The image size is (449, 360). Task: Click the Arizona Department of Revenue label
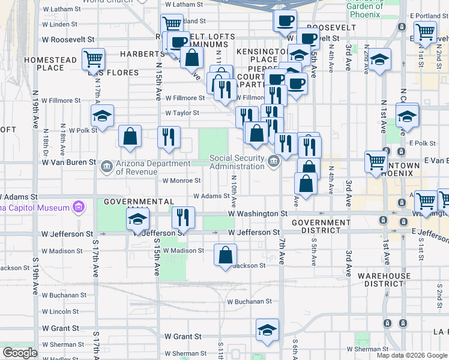pos(154,167)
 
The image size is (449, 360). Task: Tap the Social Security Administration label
pos(237,162)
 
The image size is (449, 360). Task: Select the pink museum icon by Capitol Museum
pos(77,208)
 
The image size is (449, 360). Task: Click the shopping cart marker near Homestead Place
pos(94,59)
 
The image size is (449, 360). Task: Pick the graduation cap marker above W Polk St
pos(103,116)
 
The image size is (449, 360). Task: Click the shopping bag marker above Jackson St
pos(225,255)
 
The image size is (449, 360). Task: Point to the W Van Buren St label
pos(68,162)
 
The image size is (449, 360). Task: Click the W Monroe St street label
pos(181,180)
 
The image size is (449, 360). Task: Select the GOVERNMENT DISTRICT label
pos(321,227)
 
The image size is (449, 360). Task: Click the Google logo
pos(20,353)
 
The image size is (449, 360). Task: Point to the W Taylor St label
pos(181,112)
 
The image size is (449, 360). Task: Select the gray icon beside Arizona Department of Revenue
pos(106,164)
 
